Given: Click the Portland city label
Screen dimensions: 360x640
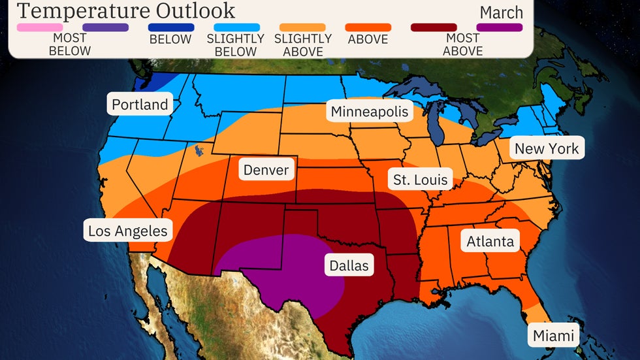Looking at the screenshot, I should (140, 105).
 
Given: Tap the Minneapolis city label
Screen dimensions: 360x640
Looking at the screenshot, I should (370, 112).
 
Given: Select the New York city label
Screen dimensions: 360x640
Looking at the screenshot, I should (547, 148).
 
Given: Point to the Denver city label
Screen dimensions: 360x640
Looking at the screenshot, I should (266, 171).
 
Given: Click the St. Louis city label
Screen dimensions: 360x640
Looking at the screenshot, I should (420, 179).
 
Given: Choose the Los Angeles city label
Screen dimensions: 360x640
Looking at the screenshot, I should (128, 231).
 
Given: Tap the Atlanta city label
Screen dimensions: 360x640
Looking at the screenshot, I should (490, 242).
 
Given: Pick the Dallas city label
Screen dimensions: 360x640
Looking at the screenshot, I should (349, 265).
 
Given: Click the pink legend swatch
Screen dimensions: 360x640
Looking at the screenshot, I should (40, 27).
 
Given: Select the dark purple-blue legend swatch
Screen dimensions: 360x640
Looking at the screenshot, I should (105, 27).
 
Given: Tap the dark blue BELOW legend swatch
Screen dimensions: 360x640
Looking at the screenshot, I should (170, 27).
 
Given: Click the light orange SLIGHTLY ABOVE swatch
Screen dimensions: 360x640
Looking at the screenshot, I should (302, 27).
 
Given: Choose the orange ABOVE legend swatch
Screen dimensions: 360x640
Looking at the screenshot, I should (368, 27).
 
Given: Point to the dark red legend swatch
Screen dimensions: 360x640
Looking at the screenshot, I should (434, 27).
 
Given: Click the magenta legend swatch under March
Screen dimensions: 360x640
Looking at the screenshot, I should (500, 27).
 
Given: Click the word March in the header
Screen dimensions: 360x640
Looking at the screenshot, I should (501, 12).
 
